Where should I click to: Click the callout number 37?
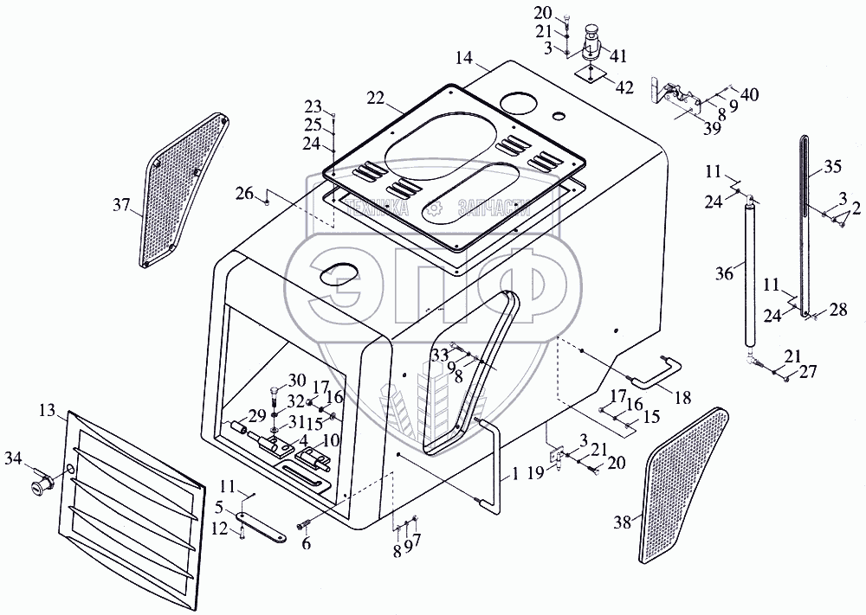click(120, 206)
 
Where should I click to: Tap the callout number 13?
click(46, 409)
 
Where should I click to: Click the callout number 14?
click(464, 58)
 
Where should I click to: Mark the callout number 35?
click(832, 166)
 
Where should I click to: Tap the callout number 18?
click(683, 397)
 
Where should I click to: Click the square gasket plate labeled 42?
click(591, 76)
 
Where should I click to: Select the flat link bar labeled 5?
click(263, 529)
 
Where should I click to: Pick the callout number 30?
click(298, 381)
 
